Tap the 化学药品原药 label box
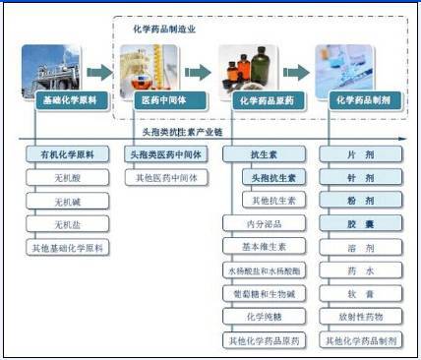[x=266, y=100]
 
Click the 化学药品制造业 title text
[x=164, y=30]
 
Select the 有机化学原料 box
[x=68, y=155]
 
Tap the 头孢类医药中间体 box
[x=163, y=155]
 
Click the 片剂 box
[x=361, y=155]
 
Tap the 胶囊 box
[x=361, y=224]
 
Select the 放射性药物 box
[x=361, y=318]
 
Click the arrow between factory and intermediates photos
[x=99, y=72]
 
